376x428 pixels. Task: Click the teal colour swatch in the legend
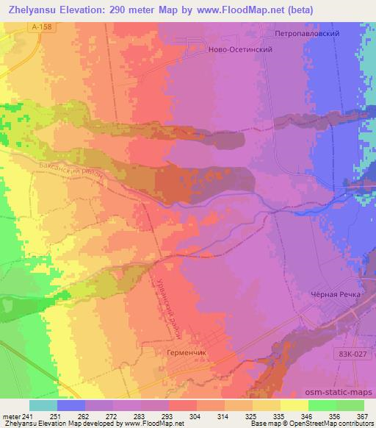(43, 405)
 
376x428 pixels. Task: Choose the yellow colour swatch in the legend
(294, 405)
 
